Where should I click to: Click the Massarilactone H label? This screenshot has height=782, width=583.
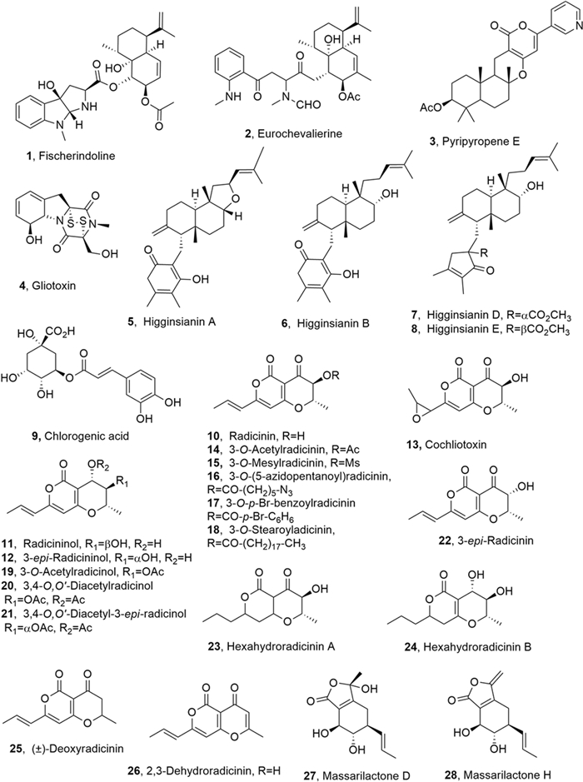tap(506, 767)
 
